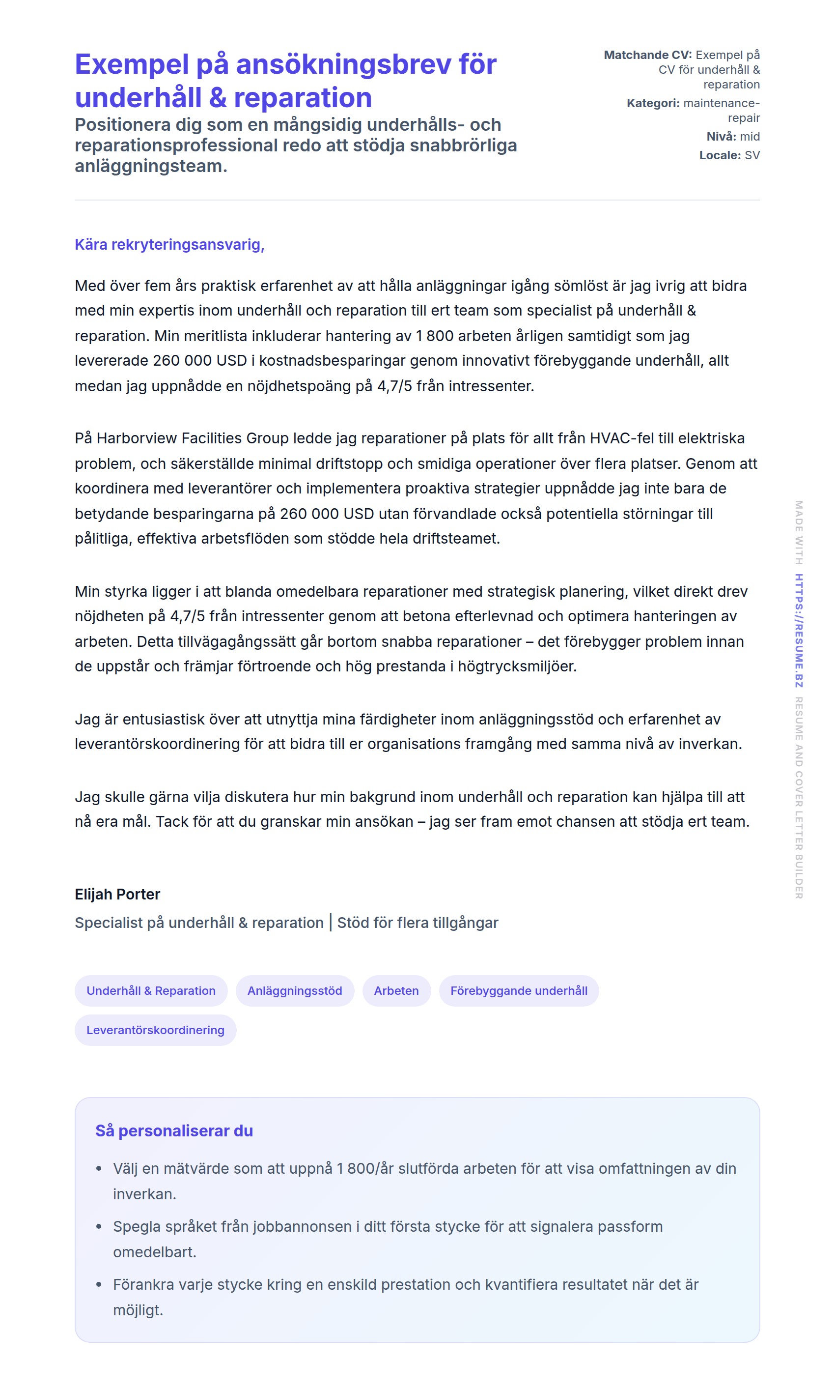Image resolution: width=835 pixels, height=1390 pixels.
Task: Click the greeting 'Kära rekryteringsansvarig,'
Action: tap(169, 245)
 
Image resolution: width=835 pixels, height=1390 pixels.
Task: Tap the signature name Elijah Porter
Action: tap(117, 894)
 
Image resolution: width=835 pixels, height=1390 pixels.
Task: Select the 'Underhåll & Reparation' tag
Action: tap(151, 991)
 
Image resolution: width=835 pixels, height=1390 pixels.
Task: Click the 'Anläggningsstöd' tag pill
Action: tap(295, 991)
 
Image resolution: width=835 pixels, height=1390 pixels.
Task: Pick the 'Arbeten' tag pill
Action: tap(396, 991)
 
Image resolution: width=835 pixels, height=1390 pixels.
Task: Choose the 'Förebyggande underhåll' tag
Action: tap(519, 991)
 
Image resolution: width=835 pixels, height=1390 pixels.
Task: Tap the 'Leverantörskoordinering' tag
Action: tap(155, 1030)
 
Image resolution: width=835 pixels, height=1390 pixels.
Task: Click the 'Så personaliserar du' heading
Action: tap(174, 1131)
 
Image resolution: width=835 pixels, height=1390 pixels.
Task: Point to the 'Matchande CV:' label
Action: tap(648, 55)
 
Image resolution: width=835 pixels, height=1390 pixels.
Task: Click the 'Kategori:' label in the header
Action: tap(653, 104)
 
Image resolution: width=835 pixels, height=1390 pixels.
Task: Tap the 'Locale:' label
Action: tap(720, 155)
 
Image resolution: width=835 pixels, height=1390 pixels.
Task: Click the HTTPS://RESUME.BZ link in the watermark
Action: tap(799, 631)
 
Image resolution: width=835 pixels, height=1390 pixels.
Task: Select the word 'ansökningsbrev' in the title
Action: tap(343, 64)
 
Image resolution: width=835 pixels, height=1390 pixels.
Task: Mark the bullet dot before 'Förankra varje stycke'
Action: tap(99, 1285)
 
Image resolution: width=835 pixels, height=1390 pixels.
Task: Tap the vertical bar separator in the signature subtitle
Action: tap(331, 923)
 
